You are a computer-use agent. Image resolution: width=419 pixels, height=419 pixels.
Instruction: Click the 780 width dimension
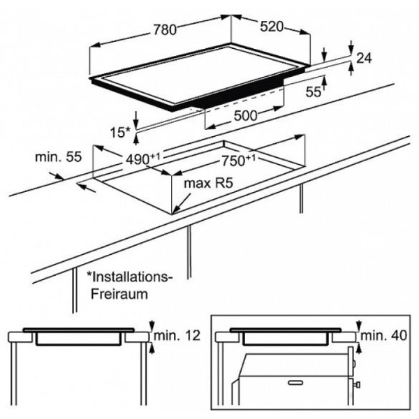point(165,29)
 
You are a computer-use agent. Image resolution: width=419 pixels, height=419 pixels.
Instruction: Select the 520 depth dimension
point(272,27)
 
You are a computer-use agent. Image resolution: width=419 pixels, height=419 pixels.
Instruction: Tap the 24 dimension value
point(364,58)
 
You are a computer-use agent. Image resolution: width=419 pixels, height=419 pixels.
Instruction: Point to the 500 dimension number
point(245,116)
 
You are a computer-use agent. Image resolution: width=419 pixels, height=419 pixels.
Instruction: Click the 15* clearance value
point(119,133)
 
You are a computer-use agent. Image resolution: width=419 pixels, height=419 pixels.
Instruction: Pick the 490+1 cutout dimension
point(142,159)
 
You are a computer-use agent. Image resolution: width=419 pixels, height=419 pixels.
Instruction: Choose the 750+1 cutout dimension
point(238,161)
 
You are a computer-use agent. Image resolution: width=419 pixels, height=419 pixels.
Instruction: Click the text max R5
point(208,183)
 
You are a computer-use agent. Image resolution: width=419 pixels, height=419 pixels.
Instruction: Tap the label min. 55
point(58,157)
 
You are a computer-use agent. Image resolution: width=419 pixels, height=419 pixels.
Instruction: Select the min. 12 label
point(177,335)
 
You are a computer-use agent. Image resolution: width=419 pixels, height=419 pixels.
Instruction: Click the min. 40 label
point(383,335)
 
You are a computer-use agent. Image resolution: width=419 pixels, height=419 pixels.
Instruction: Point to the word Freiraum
point(119,294)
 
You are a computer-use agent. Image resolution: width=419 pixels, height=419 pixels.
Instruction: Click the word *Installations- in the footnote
point(130,277)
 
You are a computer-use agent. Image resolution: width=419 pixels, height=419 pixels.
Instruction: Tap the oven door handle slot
point(296,383)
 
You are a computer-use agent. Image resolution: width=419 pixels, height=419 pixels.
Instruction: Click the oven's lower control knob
point(358,385)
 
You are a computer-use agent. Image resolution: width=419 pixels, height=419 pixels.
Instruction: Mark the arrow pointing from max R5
point(182,204)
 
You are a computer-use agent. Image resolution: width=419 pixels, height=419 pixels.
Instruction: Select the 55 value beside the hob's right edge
point(313,92)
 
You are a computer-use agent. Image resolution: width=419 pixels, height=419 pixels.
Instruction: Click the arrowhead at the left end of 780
point(95,45)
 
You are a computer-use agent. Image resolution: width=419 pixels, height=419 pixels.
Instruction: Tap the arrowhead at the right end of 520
point(305,32)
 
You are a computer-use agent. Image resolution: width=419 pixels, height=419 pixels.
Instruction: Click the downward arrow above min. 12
point(152,325)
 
